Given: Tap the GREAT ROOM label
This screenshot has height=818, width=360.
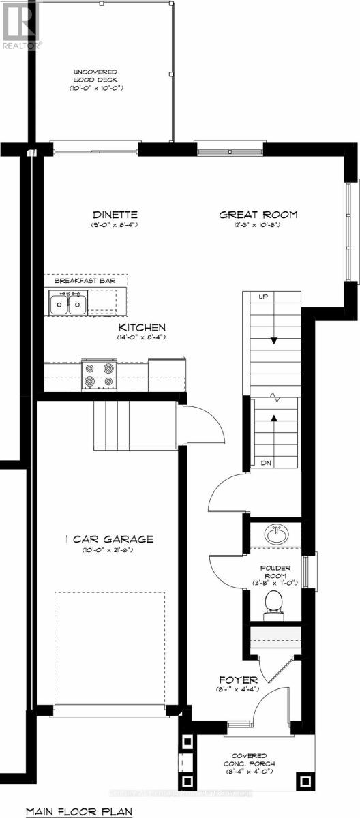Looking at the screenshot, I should [x=258, y=215].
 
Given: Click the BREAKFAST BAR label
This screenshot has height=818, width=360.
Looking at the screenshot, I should [x=85, y=280].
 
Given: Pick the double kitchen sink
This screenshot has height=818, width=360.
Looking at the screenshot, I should [x=68, y=301].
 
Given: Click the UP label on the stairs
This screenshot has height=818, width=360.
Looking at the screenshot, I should [x=262, y=297].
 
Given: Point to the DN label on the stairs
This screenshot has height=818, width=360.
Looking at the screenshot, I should [x=267, y=462].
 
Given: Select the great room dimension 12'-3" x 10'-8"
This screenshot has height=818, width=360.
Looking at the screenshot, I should [x=258, y=225].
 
